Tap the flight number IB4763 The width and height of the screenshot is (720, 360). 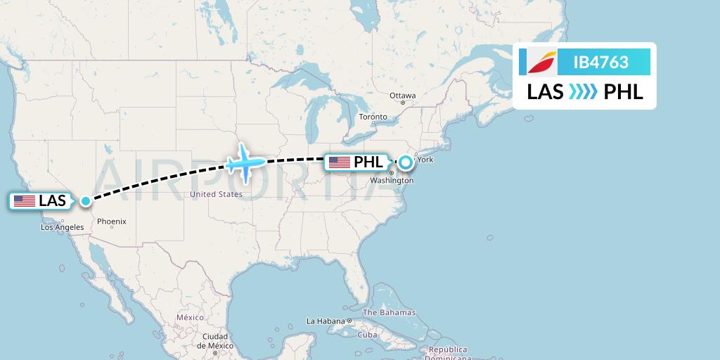600,63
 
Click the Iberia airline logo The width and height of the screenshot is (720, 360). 539,63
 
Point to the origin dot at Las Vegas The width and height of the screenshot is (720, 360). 86,201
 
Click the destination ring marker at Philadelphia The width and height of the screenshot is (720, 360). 406,162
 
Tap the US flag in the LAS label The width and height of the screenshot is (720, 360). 25,201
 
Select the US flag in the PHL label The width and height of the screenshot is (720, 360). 340,162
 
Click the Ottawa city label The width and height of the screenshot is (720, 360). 403,96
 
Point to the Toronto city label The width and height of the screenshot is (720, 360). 373,117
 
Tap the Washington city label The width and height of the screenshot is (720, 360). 392,181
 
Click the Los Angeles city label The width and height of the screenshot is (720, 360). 62,227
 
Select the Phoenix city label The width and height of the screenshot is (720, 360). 112,221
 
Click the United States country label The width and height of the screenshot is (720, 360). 216,194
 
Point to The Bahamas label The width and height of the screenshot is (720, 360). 389,312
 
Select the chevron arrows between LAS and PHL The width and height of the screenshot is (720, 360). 583,92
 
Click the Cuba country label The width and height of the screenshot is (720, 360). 367,335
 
